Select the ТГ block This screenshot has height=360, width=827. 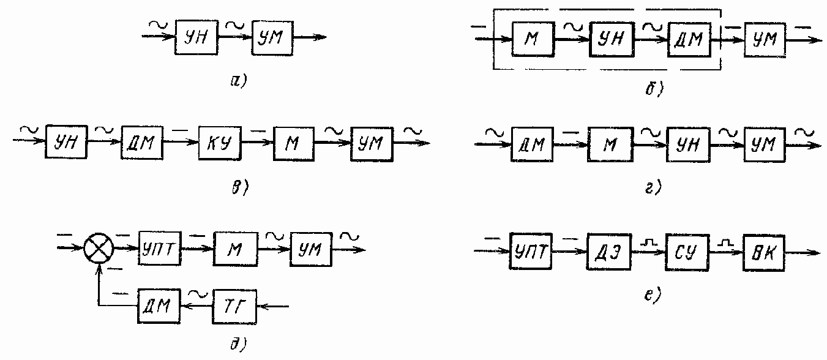(x=234, y=304)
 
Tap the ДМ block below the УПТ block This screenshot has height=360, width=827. (x=158, y=304)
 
